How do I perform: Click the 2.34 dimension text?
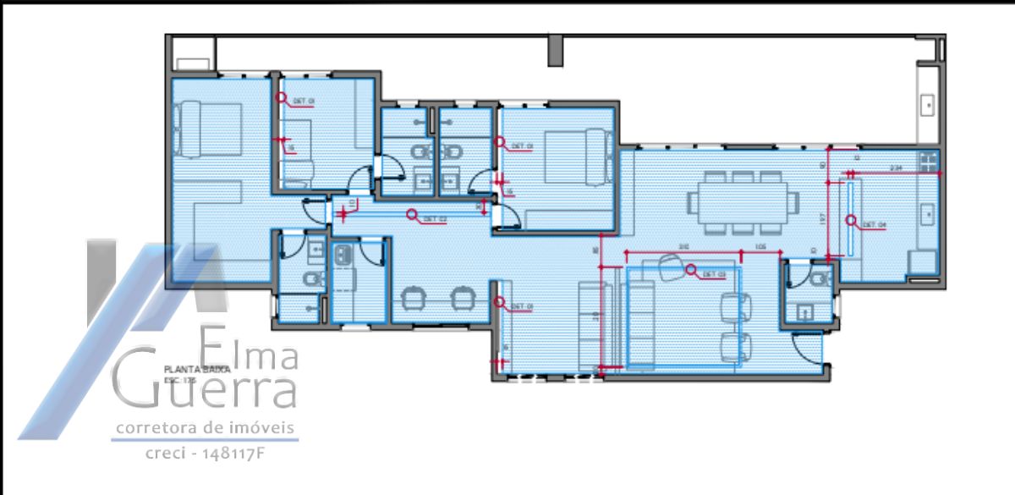(x=897, y=168)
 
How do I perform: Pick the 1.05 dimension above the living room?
(x=760, y=246)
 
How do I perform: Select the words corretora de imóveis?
(x=206, y=428)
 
